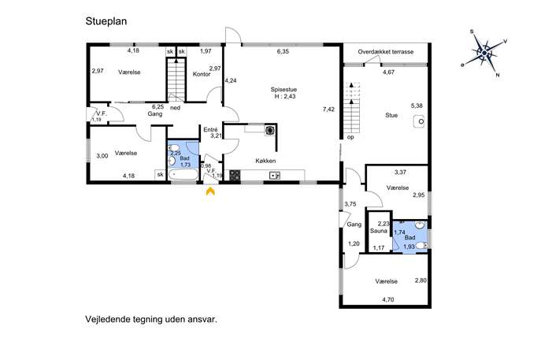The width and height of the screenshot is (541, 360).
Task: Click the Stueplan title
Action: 106,21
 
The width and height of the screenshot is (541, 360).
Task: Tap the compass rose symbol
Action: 484,53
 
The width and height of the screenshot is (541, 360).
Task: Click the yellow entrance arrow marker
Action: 210,191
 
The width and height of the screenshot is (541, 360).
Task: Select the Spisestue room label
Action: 283,89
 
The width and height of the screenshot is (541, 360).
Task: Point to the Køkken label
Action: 265,161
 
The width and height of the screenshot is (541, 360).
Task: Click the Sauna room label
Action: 379,231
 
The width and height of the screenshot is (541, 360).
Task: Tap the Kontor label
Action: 202,74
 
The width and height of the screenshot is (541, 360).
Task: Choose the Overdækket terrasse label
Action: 385,52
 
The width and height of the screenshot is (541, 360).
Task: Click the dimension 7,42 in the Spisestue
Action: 328,109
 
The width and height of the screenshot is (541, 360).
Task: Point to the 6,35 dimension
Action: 283,51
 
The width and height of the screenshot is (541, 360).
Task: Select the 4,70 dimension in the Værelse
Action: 387,299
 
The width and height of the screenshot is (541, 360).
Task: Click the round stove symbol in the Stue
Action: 420,121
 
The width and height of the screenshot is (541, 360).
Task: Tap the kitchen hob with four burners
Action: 235,176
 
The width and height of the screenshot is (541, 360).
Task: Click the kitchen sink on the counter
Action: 275,176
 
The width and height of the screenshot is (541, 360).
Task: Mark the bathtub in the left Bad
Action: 183,174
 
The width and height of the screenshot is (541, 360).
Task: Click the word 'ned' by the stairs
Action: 176,108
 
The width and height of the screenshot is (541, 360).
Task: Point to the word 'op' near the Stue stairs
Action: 350,137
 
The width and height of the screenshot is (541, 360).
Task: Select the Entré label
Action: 210,130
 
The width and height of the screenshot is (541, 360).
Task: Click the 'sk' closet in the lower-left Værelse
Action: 160,175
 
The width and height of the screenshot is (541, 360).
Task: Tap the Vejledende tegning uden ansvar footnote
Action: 151,319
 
